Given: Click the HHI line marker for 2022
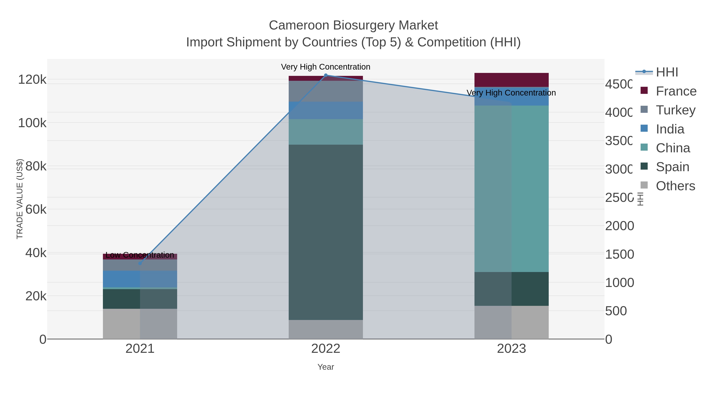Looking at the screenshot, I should coord(326,75).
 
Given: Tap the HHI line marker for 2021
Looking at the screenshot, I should coord(140,263).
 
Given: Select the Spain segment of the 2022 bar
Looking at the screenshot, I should coord(326,232).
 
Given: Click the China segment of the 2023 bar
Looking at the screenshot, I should coord(511,189).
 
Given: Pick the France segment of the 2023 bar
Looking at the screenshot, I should coord(511,80).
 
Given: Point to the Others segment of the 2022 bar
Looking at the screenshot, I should coord(326,329).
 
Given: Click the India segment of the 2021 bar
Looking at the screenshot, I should coord(140,279).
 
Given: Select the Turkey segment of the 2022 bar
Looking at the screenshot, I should coord(326,91).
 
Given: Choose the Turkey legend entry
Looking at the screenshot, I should coord(675,110).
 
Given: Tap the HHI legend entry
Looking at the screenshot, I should coord(667,72).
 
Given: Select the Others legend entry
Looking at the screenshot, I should coord(675,186).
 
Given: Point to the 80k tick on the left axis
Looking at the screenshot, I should coord(36,166).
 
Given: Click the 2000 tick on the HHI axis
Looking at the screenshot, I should coord(619,226).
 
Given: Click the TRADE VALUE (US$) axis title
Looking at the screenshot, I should coord(20,199).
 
